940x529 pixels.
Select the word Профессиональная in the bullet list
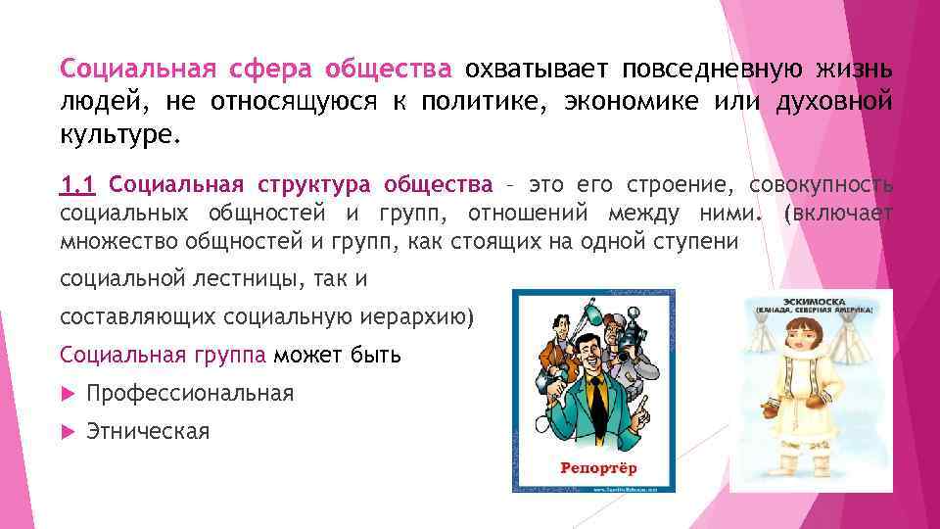pyautogui.click(x=190, y=393)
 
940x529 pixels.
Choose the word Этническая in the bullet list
pyautogui.click(x=148, y=431)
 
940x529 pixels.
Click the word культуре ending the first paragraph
pyautogui.click(x=119, y=133)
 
